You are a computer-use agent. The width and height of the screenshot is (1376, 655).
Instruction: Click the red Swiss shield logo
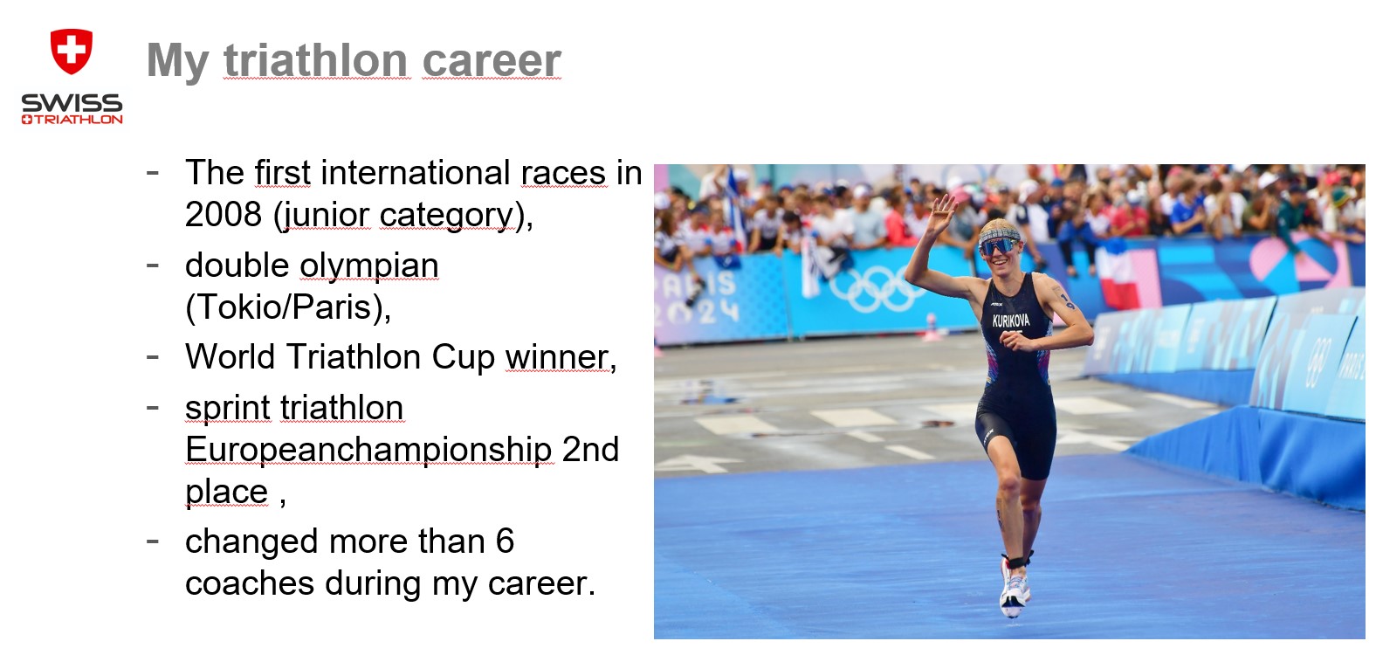pyautogui.click(x=72, y=51)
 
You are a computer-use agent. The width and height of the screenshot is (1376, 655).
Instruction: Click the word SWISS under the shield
pyautogui.click(x=72, y=102)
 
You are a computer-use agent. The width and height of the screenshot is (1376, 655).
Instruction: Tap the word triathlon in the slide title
pyautogui.click(x=316, y=60)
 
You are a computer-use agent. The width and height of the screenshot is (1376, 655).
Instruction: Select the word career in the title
pyautogui.click(x=492, y=61)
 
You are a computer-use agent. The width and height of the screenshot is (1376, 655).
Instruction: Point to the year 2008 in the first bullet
pyautogui.click(x=224, y=215)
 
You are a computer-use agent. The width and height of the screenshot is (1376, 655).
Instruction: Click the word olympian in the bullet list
pyautogui.click(x=369, y=266)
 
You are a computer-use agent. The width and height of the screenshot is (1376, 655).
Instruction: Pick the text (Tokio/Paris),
pyautogui.click(x=288, y=307)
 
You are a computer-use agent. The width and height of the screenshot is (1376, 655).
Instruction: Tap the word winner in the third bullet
pyautogui.click(x=561, y=357)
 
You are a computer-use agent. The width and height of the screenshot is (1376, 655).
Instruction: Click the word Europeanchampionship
pyautogui.click(x=368, y=451)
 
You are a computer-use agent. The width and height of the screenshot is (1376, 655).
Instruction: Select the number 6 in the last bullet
pyautogui.click(x=505, y=541)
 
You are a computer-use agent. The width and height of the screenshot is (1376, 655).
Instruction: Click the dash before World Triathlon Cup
pyautogui.click(x=153, y=356)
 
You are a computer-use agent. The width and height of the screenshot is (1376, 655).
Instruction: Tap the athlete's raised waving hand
pyautogui.click(x=939, y=213)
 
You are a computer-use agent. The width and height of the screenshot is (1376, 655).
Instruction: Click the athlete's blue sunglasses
pyautogui.click(x=1000, y=245)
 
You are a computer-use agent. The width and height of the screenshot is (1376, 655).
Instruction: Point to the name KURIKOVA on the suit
pyautogui.click(x=1010, y=321)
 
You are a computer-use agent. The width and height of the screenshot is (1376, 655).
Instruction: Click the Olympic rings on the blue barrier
pyautogui.click(x=877, y=289)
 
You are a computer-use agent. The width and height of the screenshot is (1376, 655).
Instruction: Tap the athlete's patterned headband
pyautogui.click(x=999, y=232)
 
